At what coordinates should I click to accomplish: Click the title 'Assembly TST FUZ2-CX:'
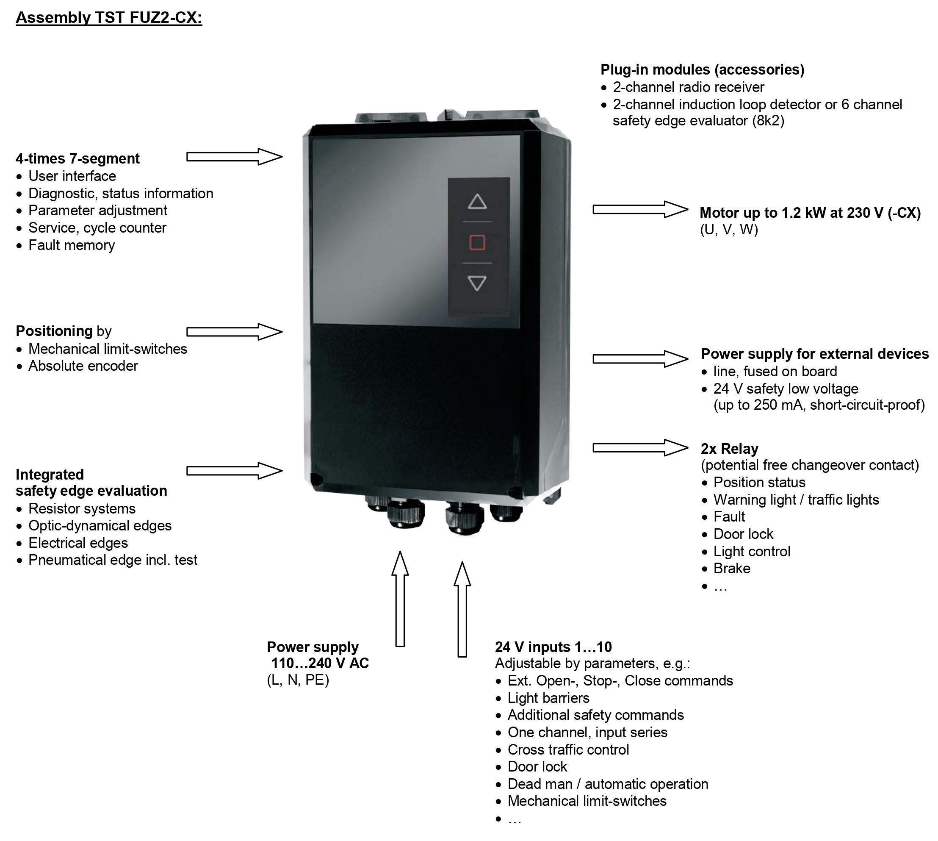pos(109,17)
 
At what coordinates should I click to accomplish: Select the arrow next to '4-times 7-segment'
pos(234,157)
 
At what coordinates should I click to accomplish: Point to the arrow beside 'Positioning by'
pos(234,332)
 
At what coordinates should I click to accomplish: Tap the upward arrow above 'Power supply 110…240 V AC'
pos(400,598)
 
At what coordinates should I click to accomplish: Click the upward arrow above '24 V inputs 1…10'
pos(462,609)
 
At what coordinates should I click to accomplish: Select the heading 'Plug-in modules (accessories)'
pos(702,70)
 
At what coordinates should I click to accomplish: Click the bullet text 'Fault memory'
pos(72,245)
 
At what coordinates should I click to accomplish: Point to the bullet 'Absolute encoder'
pos(83,366)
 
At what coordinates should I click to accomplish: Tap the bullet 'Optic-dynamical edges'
pos(100,526)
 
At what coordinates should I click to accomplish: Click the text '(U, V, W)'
pos(729,230)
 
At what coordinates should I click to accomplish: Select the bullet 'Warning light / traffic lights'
pos(796,500)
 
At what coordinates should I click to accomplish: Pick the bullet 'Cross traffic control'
pos(568,749)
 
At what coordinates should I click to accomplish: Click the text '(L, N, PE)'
pos(298,680)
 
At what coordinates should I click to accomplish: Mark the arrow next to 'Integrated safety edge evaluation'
pos(234,471)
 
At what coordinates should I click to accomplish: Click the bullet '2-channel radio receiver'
pos(688,87)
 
